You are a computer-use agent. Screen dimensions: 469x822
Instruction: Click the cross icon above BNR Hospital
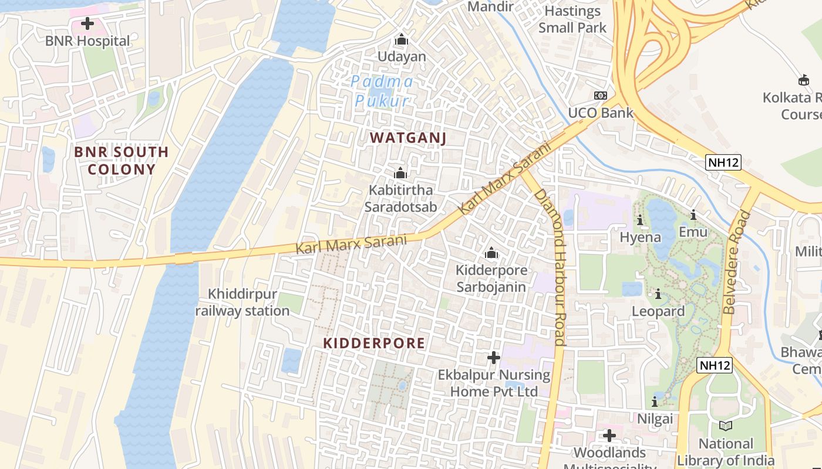coord(87,23)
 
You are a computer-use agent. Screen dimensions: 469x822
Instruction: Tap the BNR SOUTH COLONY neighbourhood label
coord(122,161)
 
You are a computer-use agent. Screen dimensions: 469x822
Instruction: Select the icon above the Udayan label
coord(402,40)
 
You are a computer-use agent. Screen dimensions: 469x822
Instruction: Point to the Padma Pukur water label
coord(382,91)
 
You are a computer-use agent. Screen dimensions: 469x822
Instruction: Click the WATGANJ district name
coord(408,138)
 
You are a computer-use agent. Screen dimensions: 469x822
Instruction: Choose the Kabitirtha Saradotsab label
coord(401,199)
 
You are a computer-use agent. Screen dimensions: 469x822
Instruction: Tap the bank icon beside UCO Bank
coord(600,95)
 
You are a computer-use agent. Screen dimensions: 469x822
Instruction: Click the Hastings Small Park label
coord(572,19)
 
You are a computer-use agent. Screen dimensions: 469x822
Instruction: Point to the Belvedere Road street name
coord(737,262)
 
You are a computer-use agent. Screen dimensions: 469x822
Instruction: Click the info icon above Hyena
coord(640,220)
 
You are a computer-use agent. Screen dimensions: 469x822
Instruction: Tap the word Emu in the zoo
coord(693,232)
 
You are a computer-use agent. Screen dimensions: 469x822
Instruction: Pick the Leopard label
coord(658,311)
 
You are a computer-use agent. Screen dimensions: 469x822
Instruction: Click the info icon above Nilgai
coord(655,402)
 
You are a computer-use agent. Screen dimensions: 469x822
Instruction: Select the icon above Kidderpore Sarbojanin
coord(491,253)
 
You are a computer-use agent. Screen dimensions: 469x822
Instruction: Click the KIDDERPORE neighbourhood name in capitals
coord(374,344)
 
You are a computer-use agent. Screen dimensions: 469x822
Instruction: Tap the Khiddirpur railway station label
coord(242,303)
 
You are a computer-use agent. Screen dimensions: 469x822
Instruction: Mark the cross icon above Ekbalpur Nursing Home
coord(494,357)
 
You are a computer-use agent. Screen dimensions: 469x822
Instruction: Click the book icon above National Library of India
coord(726,426)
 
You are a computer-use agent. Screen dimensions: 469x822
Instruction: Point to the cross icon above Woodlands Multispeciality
coord(609,436)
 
